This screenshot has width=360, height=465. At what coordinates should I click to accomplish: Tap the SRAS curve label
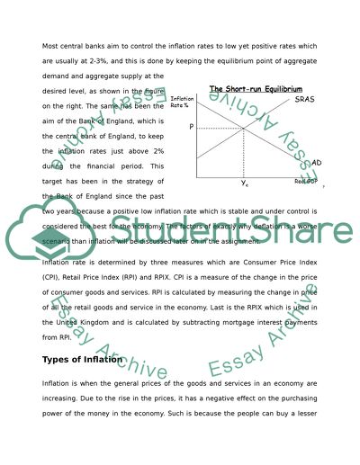(x=305, y=101)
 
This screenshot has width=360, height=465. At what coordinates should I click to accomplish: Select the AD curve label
(x=316, y=163)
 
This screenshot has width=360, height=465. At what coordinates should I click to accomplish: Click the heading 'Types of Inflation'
(x=82, y=359)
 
